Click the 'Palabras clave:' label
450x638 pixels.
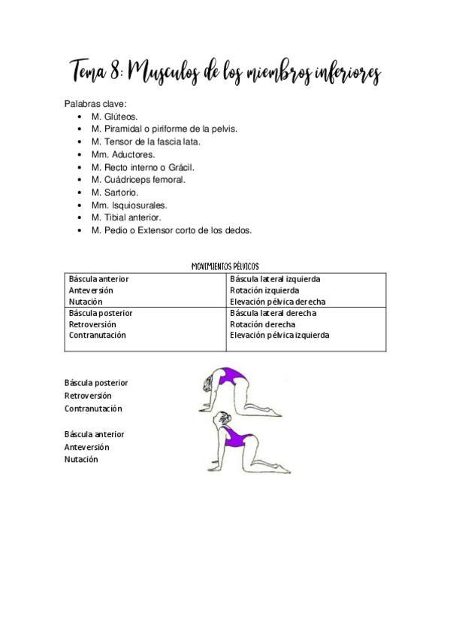(95, 104)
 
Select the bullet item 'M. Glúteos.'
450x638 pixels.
(114, 117)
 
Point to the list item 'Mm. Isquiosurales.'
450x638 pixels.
(129, 205)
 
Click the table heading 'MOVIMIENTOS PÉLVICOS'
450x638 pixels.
(225, 266)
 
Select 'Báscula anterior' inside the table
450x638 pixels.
(98, 278)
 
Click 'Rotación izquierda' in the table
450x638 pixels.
(264, 290)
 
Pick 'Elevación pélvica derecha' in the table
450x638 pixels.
(278, 302)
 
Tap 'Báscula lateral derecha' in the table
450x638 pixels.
(273, 313)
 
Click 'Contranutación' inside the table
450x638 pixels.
(97, 336)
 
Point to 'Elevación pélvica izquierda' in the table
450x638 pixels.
(279, 336)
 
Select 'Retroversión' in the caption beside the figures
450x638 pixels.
(88, 396)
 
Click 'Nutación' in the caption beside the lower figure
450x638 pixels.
(81, 459)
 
